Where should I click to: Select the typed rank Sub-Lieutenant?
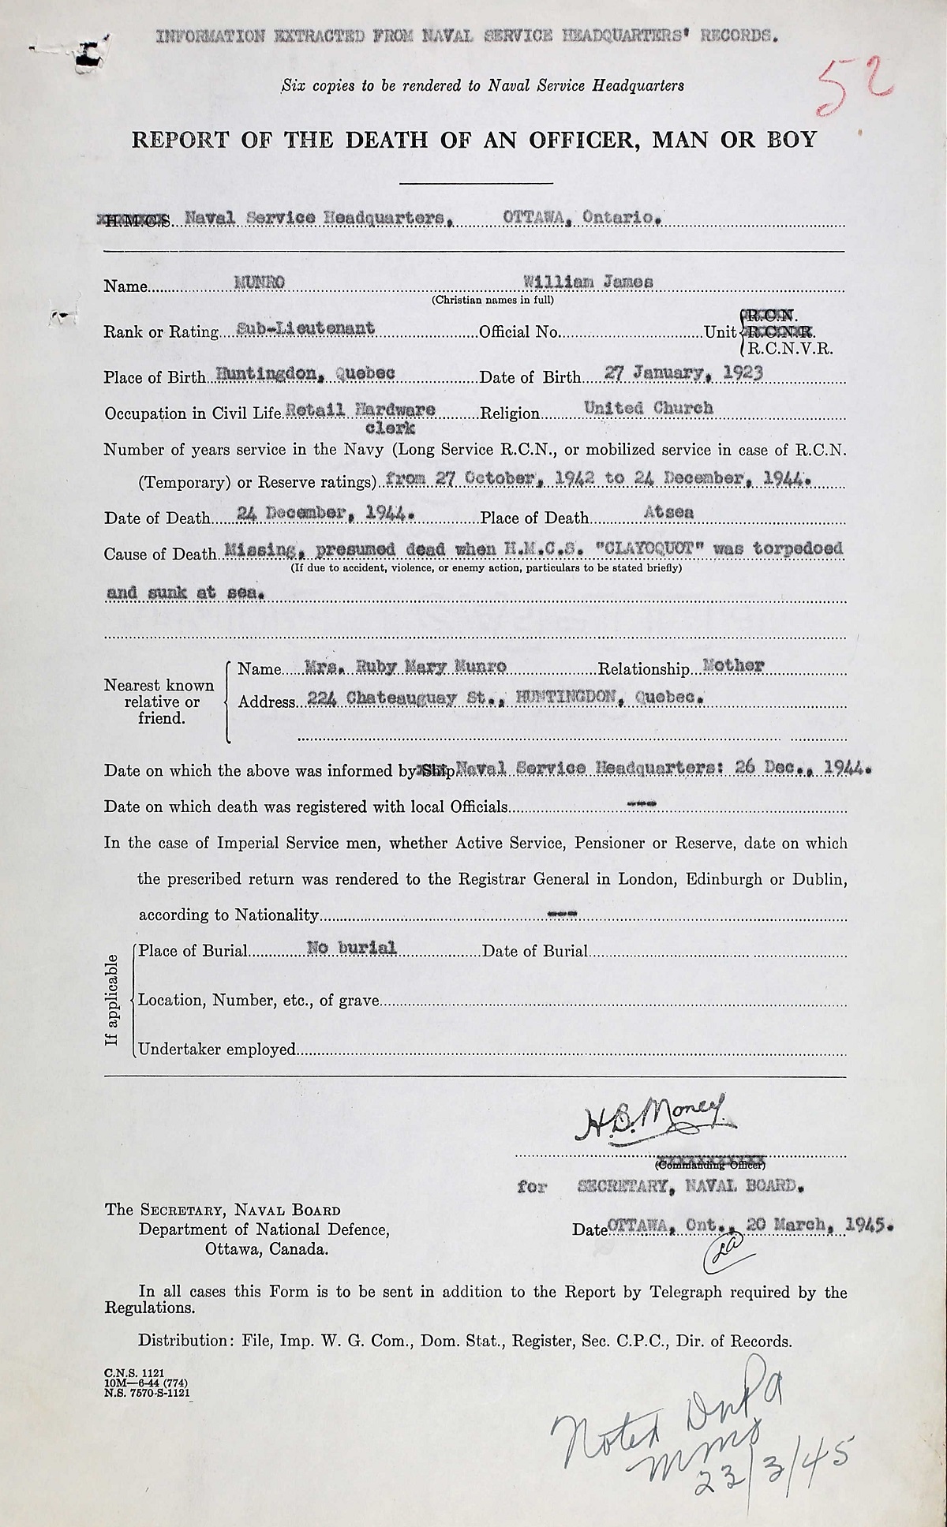(x=305, y=329)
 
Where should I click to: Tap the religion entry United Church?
(x=648, y=408)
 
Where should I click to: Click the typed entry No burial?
(x=351, y=949)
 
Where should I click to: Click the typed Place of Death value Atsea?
(x=668, y=513)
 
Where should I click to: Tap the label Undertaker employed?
(x=216, y=1050)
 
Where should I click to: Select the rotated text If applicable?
(x=113, y=1000)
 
